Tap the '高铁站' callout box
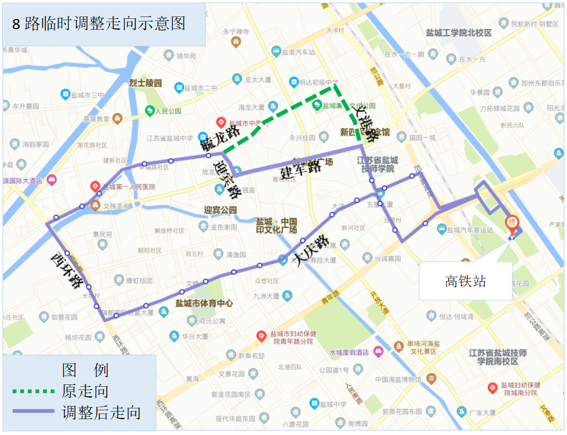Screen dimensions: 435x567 point(465,281)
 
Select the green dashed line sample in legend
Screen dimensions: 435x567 point(35,391)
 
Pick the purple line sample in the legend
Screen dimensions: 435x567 point(35,412)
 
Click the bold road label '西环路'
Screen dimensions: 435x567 point(68,271)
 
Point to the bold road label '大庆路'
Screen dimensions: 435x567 point(310,251)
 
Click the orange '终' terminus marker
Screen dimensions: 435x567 point(512,224)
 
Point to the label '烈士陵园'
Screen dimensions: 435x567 point(146,83)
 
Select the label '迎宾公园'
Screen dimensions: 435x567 point(220,210)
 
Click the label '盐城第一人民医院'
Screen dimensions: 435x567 point(129,187)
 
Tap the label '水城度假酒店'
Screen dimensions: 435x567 point(349,352)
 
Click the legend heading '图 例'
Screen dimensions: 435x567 point(85,370)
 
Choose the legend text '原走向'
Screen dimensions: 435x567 point(85,391)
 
